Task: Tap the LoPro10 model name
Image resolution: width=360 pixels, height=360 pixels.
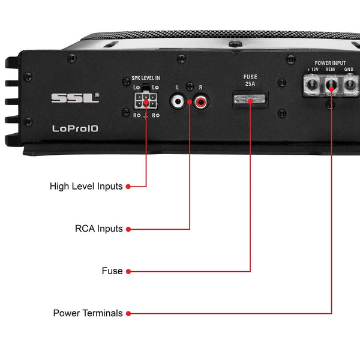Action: (x=72, y=128)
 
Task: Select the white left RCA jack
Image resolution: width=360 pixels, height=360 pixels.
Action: (x=178, y=102)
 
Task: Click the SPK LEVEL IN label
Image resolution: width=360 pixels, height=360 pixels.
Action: (x=146, y=78)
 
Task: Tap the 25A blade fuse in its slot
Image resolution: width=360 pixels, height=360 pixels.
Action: (x=250, y=100)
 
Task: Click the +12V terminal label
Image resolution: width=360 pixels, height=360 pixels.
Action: (x=313, y=70)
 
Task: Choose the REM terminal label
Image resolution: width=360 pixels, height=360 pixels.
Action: (x=330, y=70)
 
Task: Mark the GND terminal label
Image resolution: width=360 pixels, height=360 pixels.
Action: (x=349, y=70)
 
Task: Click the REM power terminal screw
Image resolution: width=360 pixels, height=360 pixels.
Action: (x=331, y=88)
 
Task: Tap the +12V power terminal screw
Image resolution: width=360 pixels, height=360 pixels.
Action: (x=312, y=88)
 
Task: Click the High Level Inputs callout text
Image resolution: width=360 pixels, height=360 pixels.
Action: (x=86, y=187)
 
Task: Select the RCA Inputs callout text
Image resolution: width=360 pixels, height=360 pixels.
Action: (x=98, y=229)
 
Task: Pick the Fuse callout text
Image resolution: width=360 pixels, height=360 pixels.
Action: (x=112, y=271)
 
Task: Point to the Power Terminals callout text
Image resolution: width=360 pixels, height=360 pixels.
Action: (x=88, y=313)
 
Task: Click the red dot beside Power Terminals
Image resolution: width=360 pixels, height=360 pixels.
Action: (x=128, y=313)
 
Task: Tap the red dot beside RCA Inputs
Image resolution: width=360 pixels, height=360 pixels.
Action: (x=128, y=229)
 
